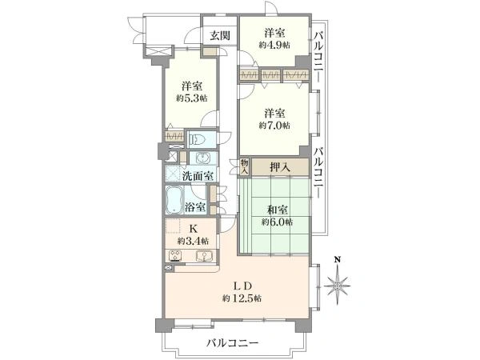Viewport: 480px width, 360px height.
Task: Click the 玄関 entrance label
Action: pyautogui.click(x=219, y=36)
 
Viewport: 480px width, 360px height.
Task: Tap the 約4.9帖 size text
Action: pyautogui.click(x=274, y=46)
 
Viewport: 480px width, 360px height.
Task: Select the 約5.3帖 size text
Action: pyautogui.click(x=192, y=98)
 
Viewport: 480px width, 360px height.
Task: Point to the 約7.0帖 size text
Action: pyautogui.click(x=274, y=126)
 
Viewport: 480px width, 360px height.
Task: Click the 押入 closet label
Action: pyautogui.click(x=280, y=167)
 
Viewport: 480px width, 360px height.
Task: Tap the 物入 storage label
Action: pyautogui.click(x=245, y=166)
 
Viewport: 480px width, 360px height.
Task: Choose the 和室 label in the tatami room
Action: pyautogui.click(x=278, y=210)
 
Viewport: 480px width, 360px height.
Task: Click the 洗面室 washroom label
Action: pyautogui.click(x=198, y=176)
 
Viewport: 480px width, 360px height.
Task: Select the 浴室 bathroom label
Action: pyautogui.click(x=195, y=207)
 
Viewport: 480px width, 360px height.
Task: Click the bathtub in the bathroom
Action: pyautogui.click(x=174, y=200)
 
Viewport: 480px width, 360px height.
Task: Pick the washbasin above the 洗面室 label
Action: pyautogui.click(x=202, y=158)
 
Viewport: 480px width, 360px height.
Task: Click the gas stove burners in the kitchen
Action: pyautogui.click(x=174, y=257)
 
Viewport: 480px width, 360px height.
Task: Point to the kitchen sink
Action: pyautogui.click(x=202, y=257)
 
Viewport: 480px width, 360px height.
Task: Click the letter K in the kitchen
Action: pyautogui.click(x=193, y=228)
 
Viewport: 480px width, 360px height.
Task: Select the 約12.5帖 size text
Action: pyautogui.click(x=242, y=298)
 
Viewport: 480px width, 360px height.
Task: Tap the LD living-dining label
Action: pyautogui.click(x=242, y=286)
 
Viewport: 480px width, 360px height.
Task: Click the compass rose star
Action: pyautogui.click(x=337, y=285)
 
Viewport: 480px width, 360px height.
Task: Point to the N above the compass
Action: pyautogui.click(x=338, y=260)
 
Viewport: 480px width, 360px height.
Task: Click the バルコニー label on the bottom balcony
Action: pyautogui.click(x=232, y=342)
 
